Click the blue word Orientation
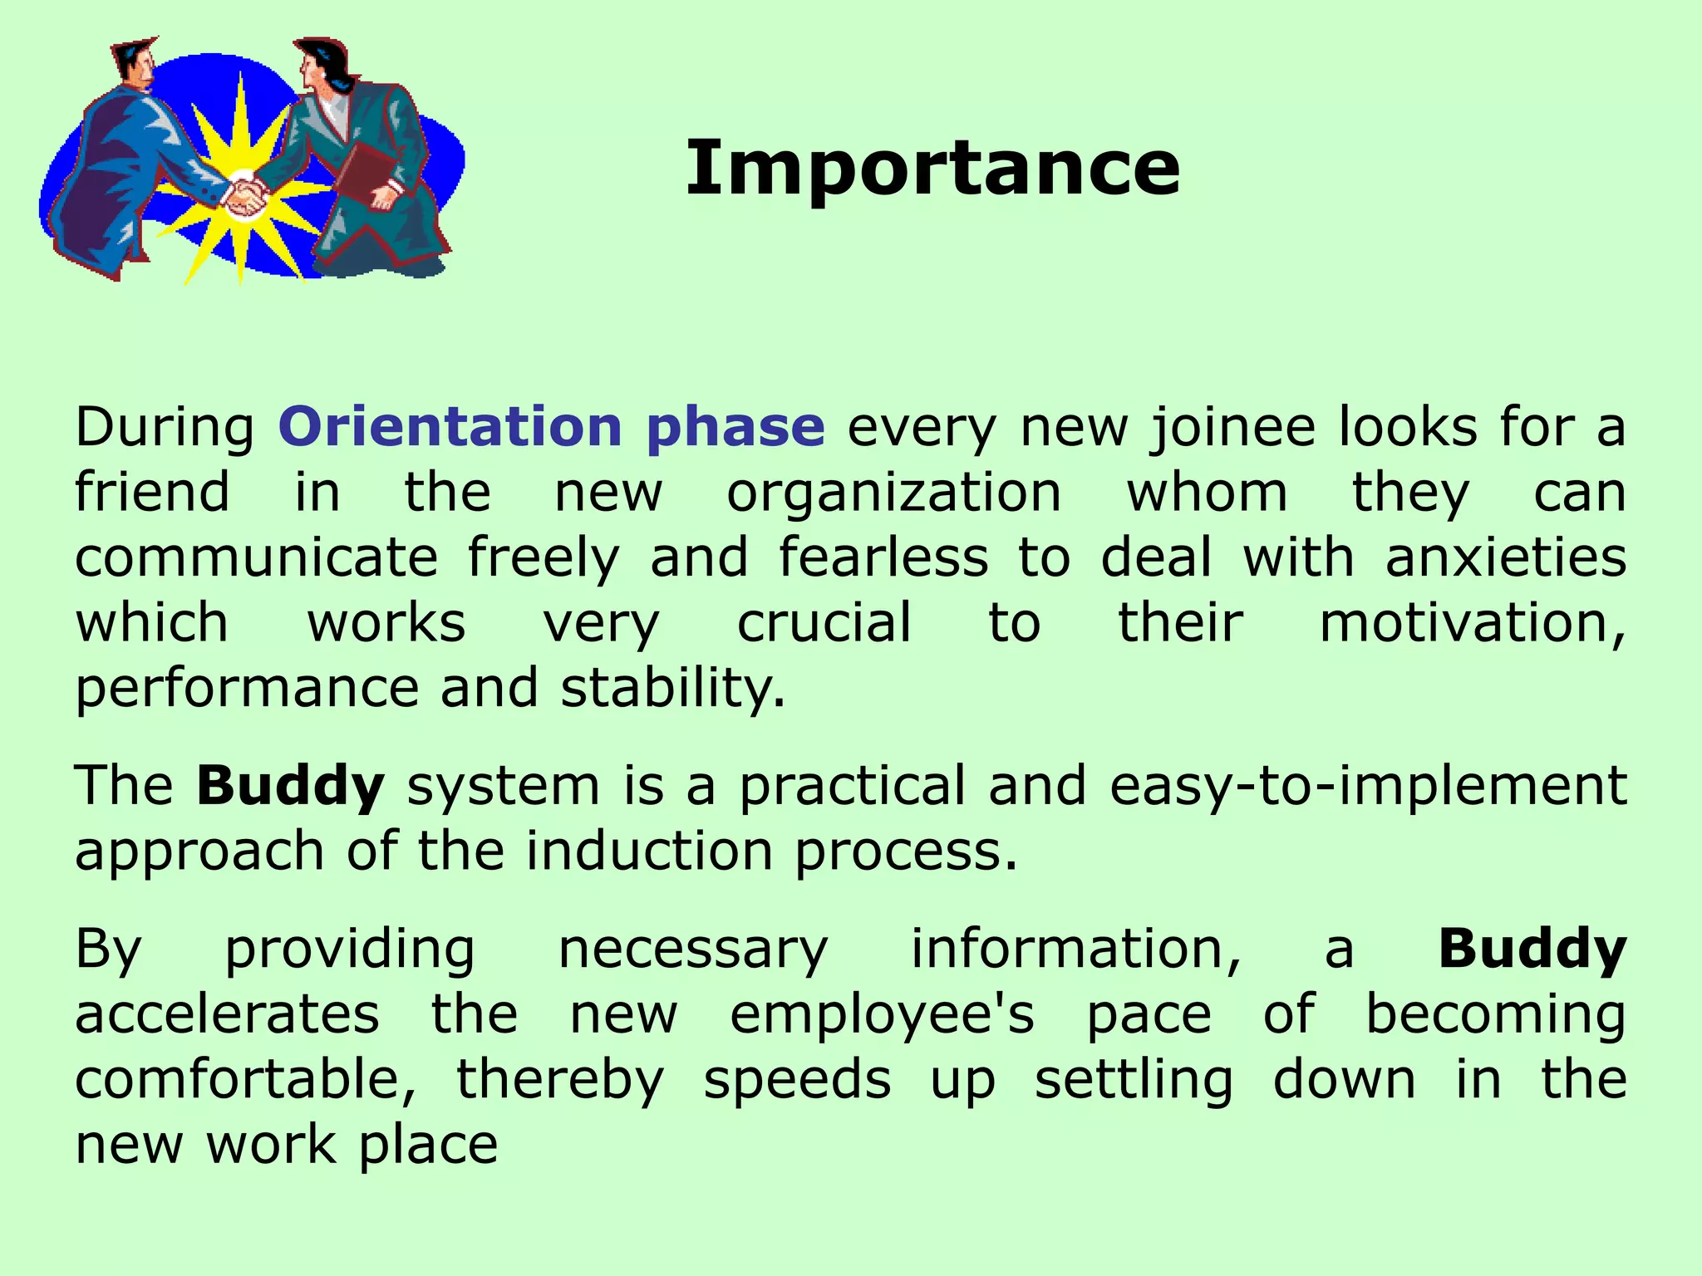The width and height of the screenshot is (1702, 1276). click(450, 426)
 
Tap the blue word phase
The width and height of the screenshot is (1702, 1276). click(735, 428)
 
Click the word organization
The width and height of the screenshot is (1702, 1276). click(894, 493)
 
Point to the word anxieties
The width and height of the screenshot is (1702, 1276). click(1505, 557)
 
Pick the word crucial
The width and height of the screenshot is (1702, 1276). click(824, 622)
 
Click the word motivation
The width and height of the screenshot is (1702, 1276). click(1471, 622)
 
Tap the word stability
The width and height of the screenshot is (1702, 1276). click(671, 689)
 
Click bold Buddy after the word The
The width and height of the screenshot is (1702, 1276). click(290, 786)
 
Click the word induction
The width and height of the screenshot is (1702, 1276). click(649, 851)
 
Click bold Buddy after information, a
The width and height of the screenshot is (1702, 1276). click(1532, 949)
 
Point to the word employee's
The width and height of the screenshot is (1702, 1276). click(882, 1014)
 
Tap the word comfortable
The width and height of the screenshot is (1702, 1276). click(245, 1079)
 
